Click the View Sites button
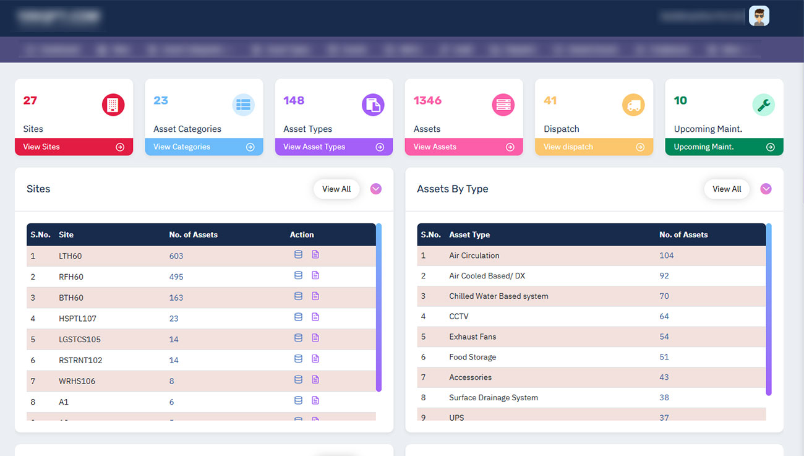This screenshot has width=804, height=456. click(x=74, y=147)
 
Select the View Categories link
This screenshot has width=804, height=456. click(x=203, y=147)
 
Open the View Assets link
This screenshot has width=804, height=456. click(x=463, y=147)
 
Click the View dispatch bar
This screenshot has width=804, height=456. click(x=593, y=147)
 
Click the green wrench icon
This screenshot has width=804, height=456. click(x=763, y=105)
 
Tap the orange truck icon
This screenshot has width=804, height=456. click(x=633, y=105)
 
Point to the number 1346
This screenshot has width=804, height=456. click(x=427, y=100)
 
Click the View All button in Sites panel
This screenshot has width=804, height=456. click(x=336, y=189)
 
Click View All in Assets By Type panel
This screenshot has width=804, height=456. click(x=727, y=189)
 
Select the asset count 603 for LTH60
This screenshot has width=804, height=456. click(x=176, y=256)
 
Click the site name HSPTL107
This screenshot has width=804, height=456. click(x=77, y=319)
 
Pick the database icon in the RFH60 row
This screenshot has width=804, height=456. click(x=298, y=275)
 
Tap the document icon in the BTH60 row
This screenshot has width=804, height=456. click(x=315, y=296)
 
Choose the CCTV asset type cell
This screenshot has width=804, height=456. click(x=459, y=316)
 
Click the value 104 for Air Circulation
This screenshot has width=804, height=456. click(x=666, y=256)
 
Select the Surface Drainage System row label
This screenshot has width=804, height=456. click(x=494, y=398)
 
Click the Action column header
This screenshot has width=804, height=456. click(x=302, y=235)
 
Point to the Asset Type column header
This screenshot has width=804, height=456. click(x=469, y=235)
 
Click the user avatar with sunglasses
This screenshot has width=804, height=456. click(x=759, y=16)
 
